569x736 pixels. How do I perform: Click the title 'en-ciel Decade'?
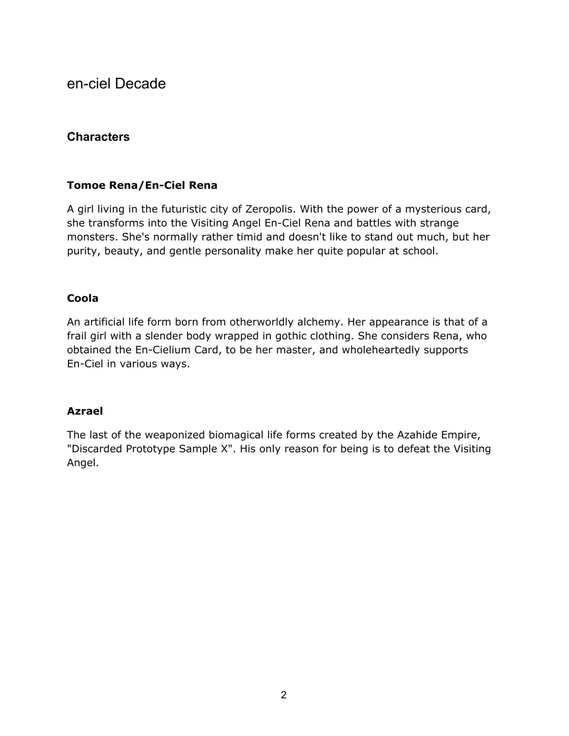click(x=116, y=84)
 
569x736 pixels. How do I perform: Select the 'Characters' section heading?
click(x=98, y=137)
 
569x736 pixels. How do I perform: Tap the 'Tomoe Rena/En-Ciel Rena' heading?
click(x=142, y=185)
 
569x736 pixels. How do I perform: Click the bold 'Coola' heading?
click(x=83, y=299)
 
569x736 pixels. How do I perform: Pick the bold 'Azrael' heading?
click(x=85, y=411)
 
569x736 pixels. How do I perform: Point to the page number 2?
click(x=283, y=695)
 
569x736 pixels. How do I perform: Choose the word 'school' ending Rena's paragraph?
click(x=419, y=251)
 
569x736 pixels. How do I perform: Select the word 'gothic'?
click(x=292, y=336)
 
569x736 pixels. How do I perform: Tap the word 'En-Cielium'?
click(x=159, y=350)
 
